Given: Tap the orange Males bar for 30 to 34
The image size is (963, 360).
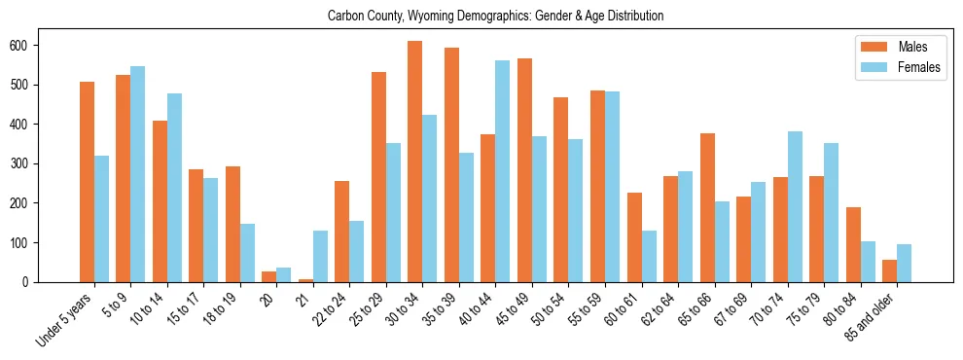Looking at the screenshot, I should tap(415, 162).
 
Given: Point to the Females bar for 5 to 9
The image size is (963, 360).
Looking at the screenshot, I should tap(138, 174).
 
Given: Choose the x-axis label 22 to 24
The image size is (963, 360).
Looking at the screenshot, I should tap(332, 309).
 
